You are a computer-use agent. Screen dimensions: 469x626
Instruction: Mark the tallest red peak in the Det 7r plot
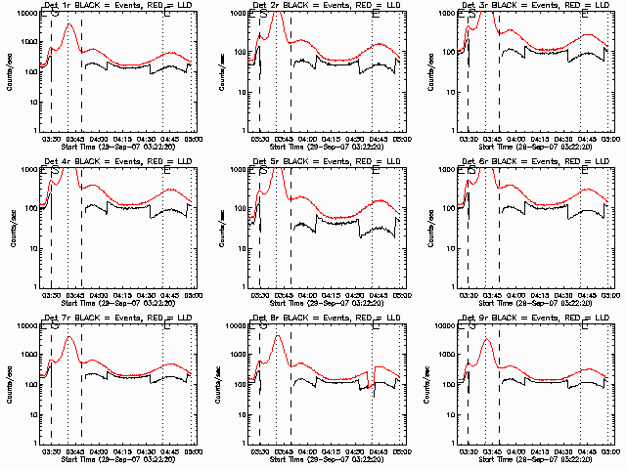click(67, 337)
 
